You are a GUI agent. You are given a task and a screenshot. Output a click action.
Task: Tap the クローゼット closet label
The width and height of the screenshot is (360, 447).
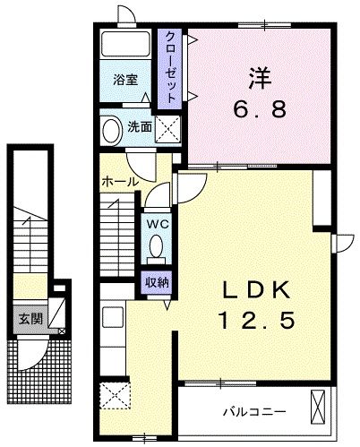169,67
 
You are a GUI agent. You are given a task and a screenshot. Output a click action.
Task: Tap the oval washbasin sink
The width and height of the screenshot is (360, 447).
112,130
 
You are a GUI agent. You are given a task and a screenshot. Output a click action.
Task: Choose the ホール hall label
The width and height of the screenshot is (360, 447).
119,182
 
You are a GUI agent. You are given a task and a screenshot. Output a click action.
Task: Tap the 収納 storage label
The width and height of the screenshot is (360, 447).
157,281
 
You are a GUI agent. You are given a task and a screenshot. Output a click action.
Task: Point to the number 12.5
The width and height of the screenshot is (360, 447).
254,318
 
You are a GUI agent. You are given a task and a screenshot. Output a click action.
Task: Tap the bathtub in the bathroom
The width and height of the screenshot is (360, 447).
126,47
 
